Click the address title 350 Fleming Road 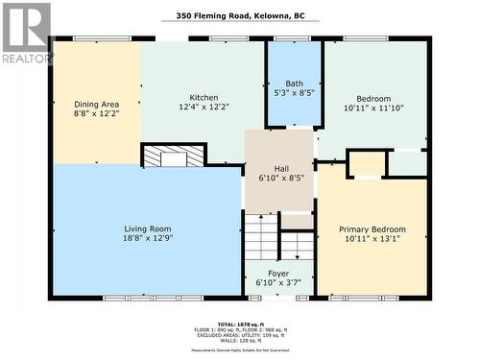239,15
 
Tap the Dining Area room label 98,104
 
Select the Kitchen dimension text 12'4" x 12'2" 204,108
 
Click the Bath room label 294,84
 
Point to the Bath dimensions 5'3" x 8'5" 294,94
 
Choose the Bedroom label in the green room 373,99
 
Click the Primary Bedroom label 372,229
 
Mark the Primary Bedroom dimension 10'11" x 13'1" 372,241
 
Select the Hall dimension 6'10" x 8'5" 279,178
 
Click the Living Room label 147,229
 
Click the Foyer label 278,274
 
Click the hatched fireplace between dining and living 173,156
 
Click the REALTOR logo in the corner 26,34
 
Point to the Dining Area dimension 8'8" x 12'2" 98,114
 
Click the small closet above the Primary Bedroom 366,164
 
